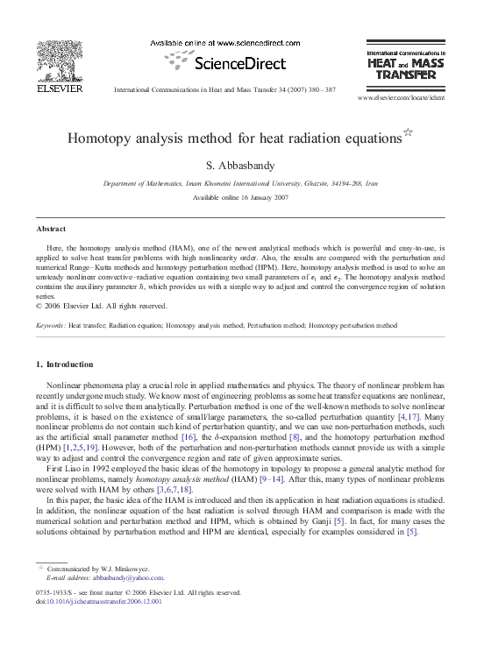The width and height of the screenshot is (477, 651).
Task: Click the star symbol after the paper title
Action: pos(406,133)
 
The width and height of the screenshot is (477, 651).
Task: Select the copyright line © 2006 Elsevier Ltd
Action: pos(79,306)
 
